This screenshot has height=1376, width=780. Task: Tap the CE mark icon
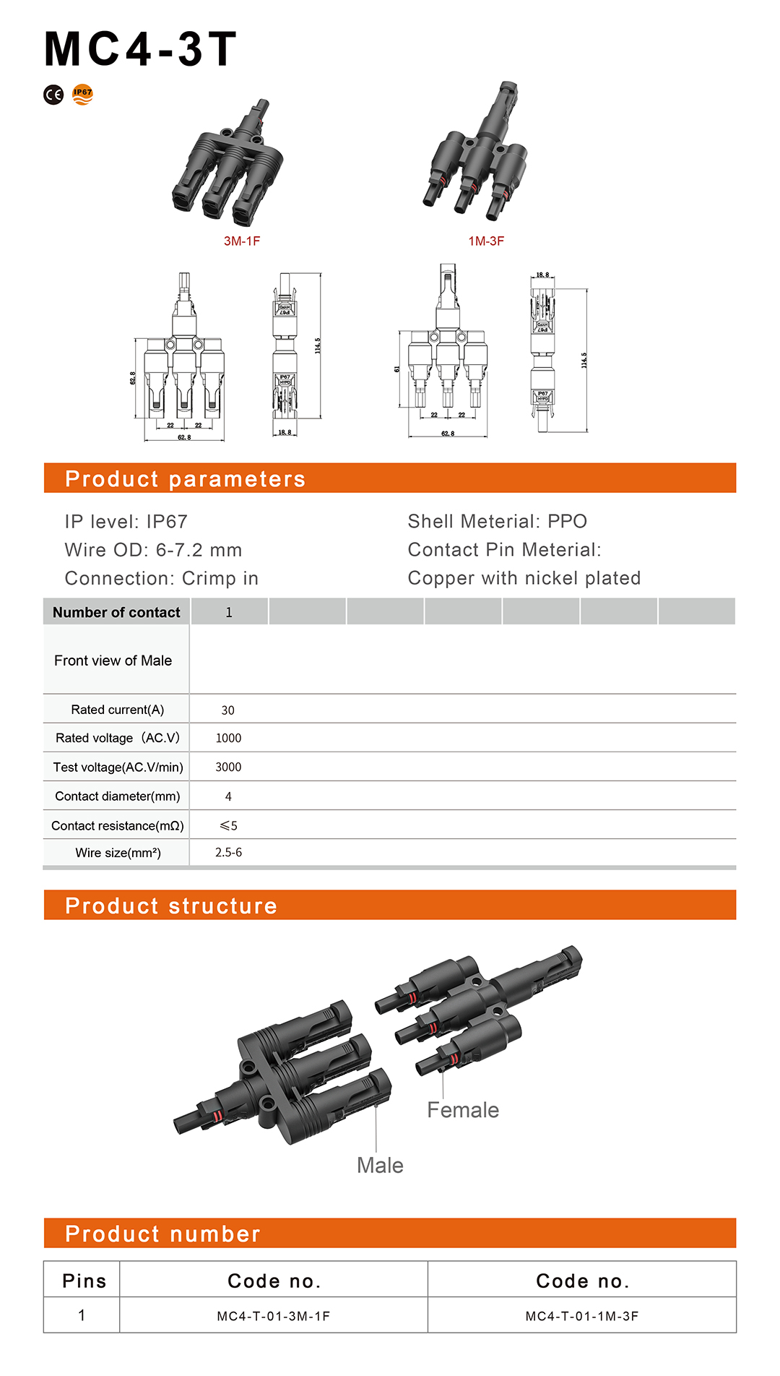pos(53,95)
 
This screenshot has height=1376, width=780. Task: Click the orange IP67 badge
pos(83,94)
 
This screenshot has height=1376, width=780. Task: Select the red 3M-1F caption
pos(241,241)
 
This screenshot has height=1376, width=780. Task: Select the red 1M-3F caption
pos(486,241)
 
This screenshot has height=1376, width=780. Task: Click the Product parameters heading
pos(185,478)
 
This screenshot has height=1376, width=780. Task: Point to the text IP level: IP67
pos(126,521)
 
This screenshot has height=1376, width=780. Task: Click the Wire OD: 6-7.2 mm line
pos(153,550)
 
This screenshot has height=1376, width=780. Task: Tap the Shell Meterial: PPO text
pos(497,521)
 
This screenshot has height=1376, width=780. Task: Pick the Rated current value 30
pos(227,710)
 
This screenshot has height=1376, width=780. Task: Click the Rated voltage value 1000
pos(228,738)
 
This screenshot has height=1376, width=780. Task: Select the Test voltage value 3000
pos(228,767)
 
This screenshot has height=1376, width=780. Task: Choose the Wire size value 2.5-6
pos(228,853)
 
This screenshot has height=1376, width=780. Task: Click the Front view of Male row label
pos(113,661)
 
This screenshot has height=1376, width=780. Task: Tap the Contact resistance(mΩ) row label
pos(117,825)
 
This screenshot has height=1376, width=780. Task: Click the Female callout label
pos(462,1110)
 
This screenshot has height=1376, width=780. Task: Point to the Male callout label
pos(380,1165)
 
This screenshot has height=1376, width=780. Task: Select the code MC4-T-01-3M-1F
pos(273,1316)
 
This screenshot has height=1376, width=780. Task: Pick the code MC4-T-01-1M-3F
pos(581,1316)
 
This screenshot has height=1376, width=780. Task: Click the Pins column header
pos(84,1281)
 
